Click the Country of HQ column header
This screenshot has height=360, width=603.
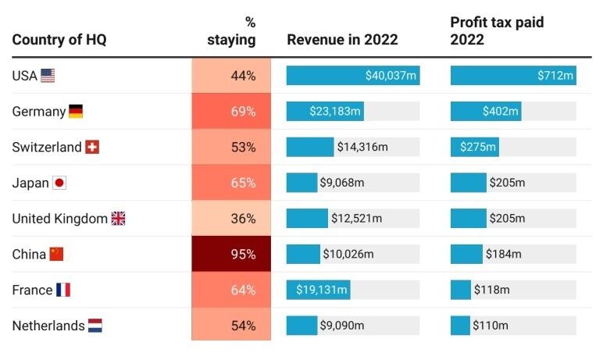click(59, 40)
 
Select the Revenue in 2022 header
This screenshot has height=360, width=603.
click(342, 40)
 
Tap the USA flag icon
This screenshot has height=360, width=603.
click(48, 76)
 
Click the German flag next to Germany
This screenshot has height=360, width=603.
click(76, 112)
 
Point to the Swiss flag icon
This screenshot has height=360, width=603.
click(92, 148)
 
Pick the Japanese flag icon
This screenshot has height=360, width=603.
click(59, 184)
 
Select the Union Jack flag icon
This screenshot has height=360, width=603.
click(118, 219)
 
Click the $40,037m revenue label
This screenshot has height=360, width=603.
click(391, 76)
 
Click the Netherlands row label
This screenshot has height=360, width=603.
click(48, 326)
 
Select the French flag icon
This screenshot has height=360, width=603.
click(63, 290)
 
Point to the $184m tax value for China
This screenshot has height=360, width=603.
click(504, 255)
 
